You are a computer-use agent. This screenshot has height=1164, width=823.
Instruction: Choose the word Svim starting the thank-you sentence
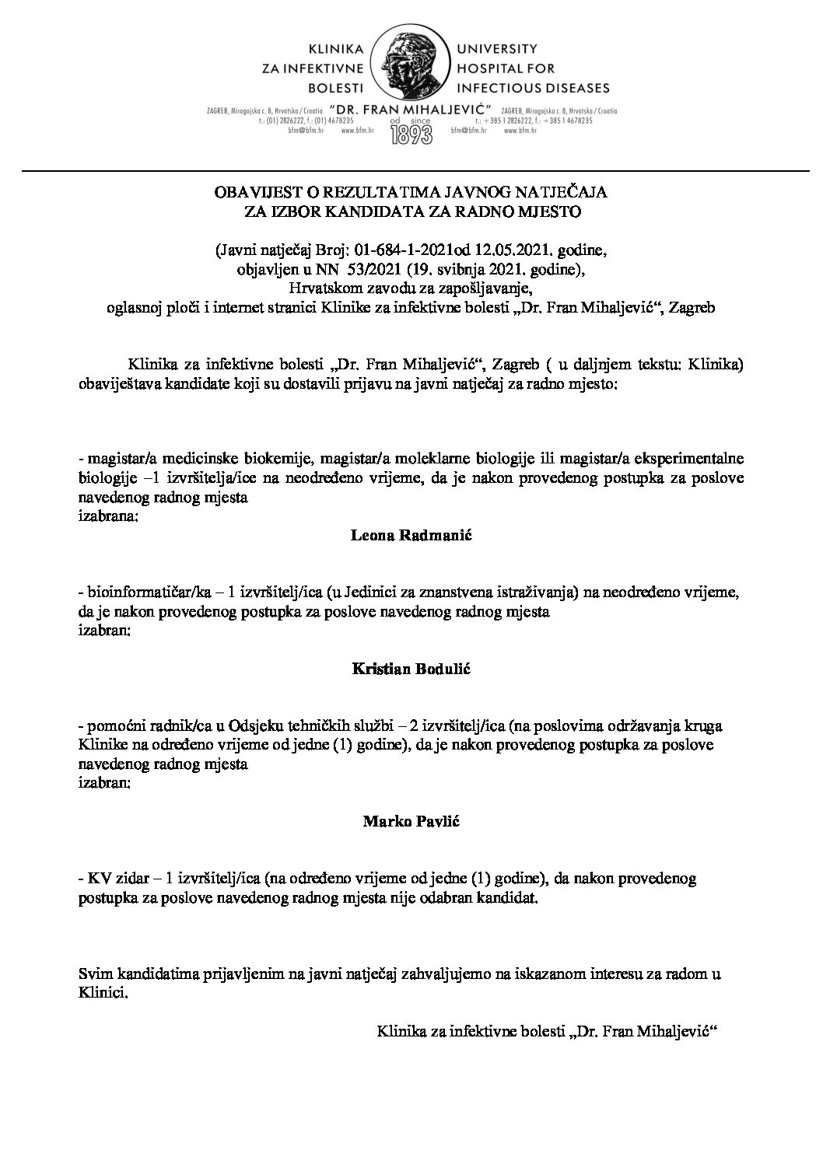[95, 973]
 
